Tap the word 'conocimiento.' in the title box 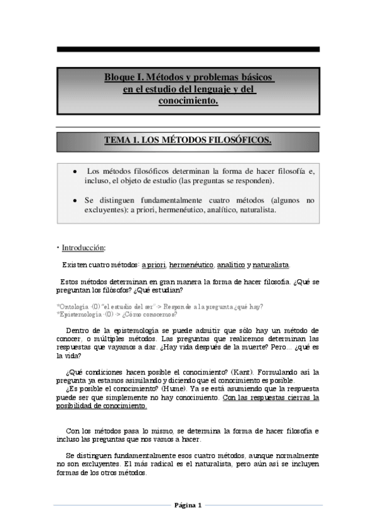pyautogui.click(x=188, y=99)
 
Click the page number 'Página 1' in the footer pyautogui.click(x=188, y=505)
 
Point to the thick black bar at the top pyautogui.click(x=188, y=49)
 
